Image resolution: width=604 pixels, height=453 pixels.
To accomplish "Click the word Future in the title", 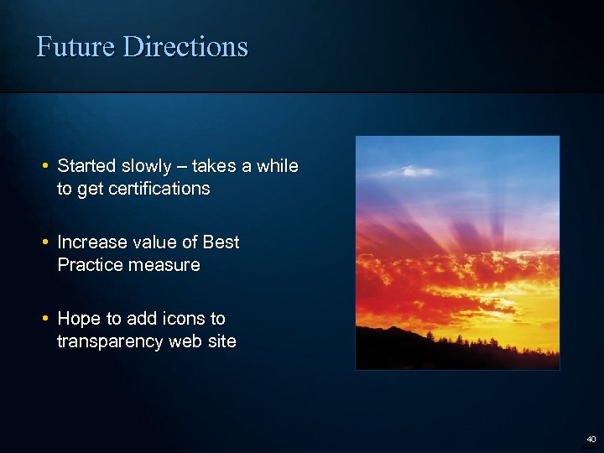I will (x=76, y=46).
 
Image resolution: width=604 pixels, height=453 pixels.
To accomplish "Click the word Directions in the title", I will (x=185, y=46).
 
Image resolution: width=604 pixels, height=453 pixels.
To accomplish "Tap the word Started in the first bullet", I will (x=86, y=166).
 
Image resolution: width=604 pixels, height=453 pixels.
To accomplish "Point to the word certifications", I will (x=158, y=189).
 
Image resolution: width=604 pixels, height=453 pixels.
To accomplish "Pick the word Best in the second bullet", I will (x=221, y=242).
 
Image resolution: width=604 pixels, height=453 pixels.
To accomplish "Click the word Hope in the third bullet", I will (x=77, y=319).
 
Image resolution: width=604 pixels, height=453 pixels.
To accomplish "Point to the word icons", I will (x=184, y=319).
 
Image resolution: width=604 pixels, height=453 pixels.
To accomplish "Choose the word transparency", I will (x=112, y=342).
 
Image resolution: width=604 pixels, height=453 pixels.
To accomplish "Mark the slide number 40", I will (x=591, y=439).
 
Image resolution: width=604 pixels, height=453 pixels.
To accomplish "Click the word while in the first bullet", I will (x=277, y=166).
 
